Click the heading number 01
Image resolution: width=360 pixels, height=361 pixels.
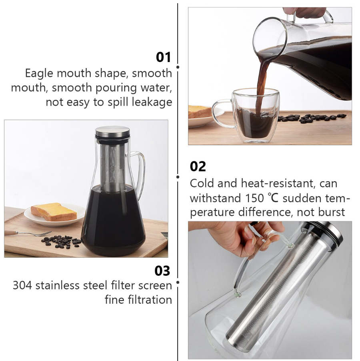[164, 57]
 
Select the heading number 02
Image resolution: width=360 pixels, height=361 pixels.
[198, 166]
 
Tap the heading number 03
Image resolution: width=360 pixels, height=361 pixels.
[162, 271]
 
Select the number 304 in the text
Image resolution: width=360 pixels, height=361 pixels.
[22, 285]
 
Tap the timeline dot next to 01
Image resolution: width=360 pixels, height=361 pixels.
[178, 67]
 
